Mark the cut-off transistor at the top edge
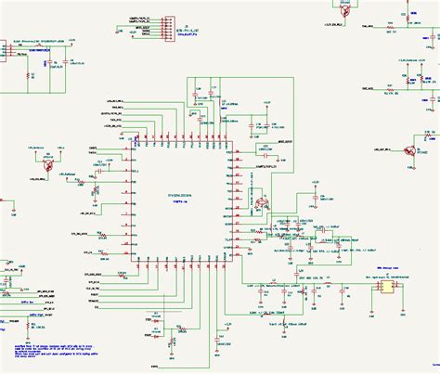pyautogui.click(x=343, y=7)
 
